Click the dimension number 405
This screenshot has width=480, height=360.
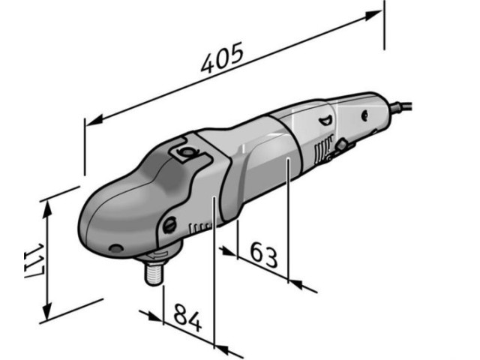222,58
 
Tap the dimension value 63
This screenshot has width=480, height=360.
264,256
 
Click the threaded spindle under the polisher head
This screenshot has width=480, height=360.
154,269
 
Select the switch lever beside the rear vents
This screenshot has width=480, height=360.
341,145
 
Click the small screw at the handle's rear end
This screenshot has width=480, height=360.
365,116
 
